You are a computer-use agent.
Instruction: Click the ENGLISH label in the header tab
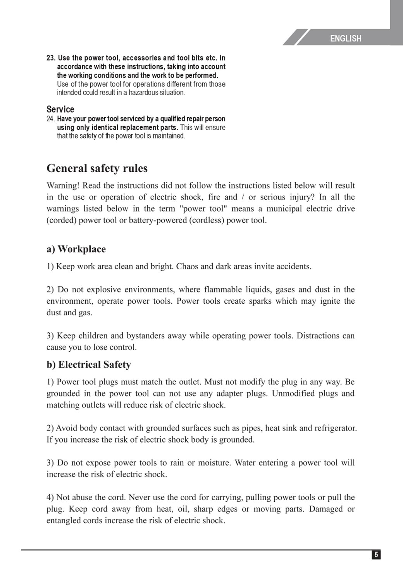(x=346, y=38)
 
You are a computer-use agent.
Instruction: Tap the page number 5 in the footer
(x=376, y=555)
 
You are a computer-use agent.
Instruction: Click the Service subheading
(x=60, y=109)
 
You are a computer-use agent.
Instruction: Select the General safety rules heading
(x=97, y=168)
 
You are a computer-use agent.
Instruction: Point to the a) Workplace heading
(x=76, y=249)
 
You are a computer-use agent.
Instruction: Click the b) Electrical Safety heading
(x=89, y=365)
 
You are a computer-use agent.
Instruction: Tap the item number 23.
(x=51, y=58)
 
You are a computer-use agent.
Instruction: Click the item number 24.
(x=51, y=119)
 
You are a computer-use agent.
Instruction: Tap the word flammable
(x=227, y=289)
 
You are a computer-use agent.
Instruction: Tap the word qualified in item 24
(x=173, y=119)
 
